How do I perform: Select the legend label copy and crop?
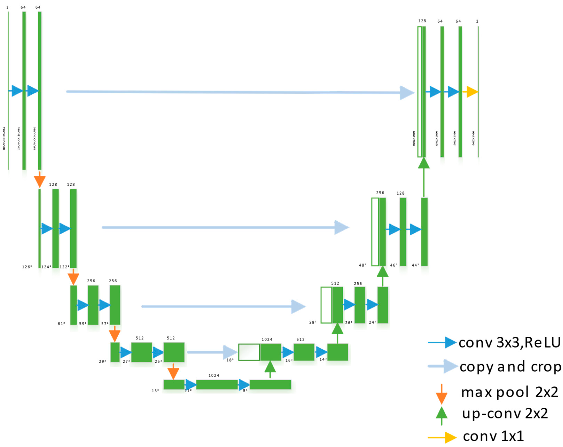coord(510,367)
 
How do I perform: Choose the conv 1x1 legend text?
coord(493,436)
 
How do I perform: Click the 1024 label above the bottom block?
coord(214,375)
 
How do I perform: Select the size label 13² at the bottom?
coord(155,391)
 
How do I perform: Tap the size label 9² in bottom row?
coord(245,390)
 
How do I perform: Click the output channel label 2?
coord(477,21)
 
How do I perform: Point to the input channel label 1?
coord(7,7)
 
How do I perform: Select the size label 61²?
coord(61,324)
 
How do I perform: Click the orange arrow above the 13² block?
coord(173,372)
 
